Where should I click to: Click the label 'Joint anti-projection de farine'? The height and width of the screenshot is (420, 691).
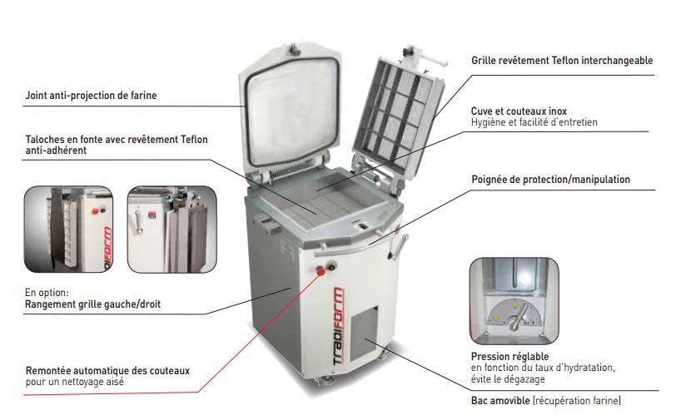tap(91, 96)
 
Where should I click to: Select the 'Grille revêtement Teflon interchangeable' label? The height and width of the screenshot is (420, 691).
tap(562, 61)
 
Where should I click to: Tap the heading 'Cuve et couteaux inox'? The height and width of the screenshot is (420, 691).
tap(519, 111)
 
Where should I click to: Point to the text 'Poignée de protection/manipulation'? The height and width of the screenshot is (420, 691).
tap(550, 179)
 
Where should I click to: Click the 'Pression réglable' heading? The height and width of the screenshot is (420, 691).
tap(510, 356)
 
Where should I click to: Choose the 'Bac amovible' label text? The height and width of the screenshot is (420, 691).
tap(500, 401)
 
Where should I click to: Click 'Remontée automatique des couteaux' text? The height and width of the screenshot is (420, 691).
tap(107, 371)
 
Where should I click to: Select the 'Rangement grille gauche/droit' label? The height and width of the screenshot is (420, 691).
tap(92, 304)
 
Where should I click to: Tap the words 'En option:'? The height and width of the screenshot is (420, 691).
tap(47, 292)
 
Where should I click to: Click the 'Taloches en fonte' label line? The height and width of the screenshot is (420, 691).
tap(117, 140)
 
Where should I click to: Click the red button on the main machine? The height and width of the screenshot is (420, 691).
tap(321, 271)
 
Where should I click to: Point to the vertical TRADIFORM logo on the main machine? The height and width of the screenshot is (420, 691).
tap(338, 326)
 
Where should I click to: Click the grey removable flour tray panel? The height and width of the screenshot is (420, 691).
tap(364, 334)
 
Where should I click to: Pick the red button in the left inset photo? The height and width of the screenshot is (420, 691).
tap(95, 211)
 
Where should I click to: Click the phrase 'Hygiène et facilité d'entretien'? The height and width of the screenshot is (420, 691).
tap(534, 122)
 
